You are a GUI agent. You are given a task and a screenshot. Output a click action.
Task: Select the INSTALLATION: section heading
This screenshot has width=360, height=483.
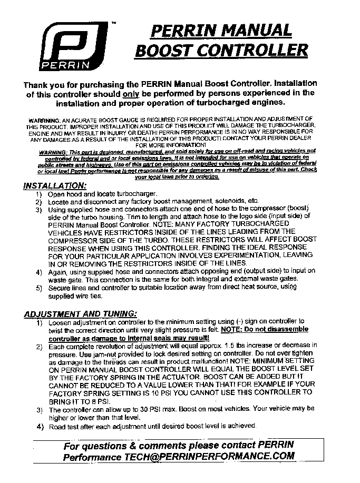54,186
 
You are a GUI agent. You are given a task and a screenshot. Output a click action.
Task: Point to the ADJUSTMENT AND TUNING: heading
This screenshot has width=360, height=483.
80,314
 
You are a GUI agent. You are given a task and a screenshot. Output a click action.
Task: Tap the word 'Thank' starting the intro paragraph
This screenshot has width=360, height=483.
38,84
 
